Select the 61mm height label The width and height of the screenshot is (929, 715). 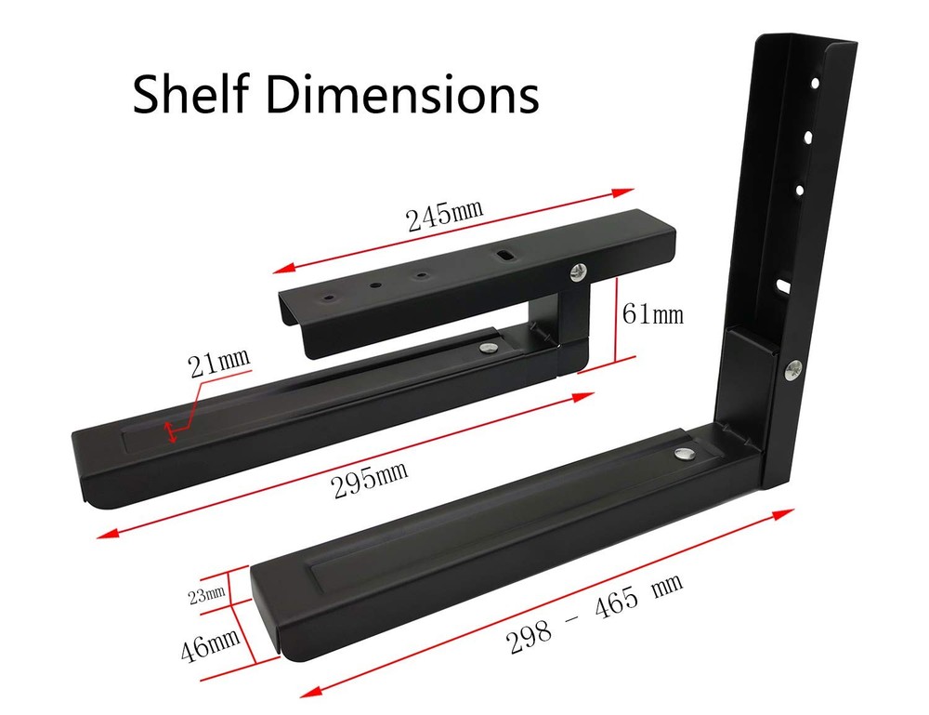pos(652,315)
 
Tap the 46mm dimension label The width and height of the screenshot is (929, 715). pos(211,641)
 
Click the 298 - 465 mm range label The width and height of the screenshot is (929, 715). pos(595,615)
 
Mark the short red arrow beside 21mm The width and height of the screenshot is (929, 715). pos(169,430)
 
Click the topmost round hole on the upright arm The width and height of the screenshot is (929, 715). pos(814,84)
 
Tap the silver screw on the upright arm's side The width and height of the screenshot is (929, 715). pos(794,368)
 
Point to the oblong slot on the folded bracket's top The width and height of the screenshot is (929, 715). pos(507,252)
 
